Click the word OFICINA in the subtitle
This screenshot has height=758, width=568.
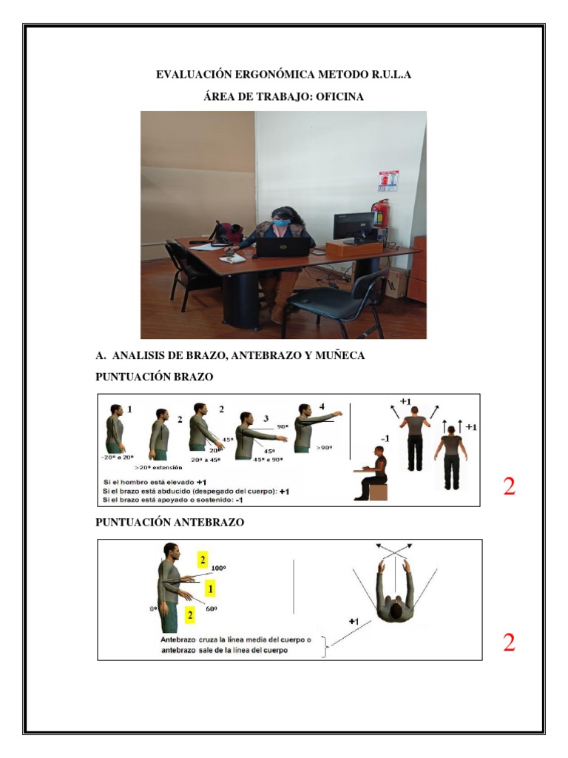(x=337, y=96)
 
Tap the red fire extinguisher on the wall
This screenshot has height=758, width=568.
(x=380, y=215)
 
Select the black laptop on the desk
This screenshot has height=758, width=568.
(x=281, y=246)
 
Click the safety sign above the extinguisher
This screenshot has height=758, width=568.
(x=388, y=181)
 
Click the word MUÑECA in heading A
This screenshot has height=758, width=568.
(x=340, y=357)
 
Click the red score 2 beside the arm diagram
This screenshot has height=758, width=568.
(x=509, y=487)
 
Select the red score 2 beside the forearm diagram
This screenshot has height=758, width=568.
(x=509, y=642)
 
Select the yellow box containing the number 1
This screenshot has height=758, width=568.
(x=210, y=588)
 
